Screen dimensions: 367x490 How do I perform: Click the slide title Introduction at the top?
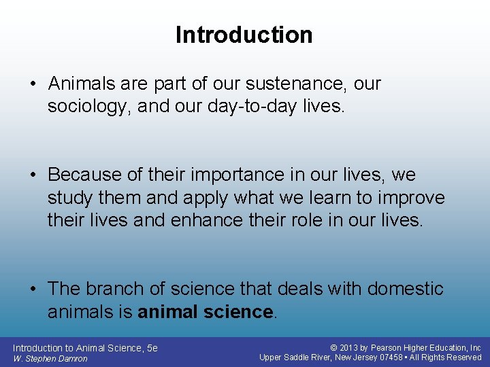[x=244, y=35]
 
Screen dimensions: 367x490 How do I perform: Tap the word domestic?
[x=406, y=289]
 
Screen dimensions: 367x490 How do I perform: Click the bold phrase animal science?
[x=205, y=312]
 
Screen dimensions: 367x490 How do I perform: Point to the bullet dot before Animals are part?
[x=33, y=84]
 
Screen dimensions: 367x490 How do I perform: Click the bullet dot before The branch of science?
[x=33, y=289]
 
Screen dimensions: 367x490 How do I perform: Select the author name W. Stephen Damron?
[x=50, y=359]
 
